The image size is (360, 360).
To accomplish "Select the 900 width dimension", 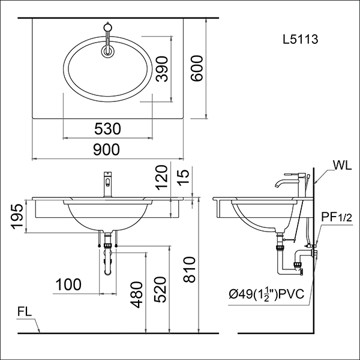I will (107, 149).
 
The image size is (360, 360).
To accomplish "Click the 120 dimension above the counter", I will (160, 178).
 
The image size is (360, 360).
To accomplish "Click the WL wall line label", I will (337, 164).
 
